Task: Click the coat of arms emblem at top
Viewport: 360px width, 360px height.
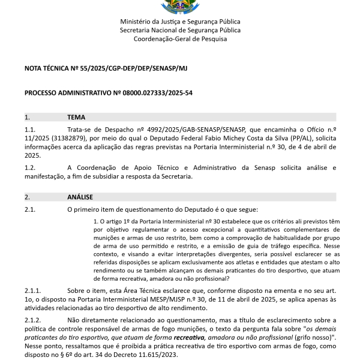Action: tap(179, 7)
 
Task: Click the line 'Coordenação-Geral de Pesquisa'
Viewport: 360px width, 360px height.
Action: tap(180, 39)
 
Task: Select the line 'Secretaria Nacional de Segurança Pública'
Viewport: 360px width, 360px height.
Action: tap(180, 30)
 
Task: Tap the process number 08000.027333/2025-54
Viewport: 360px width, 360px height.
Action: tap(158, 93)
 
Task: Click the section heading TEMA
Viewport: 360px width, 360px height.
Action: tap(76, 117)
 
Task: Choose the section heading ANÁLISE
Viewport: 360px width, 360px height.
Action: tap(80, 197)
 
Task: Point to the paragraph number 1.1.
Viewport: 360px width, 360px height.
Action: tap(30, 130)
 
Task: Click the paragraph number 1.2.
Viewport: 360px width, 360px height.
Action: tap(30, 167)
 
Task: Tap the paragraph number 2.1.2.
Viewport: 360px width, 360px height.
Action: tap(32, 320)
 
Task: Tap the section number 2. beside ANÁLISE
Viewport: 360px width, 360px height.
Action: tap(27, 197)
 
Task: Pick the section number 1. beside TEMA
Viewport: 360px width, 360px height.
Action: tap(27, 117)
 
